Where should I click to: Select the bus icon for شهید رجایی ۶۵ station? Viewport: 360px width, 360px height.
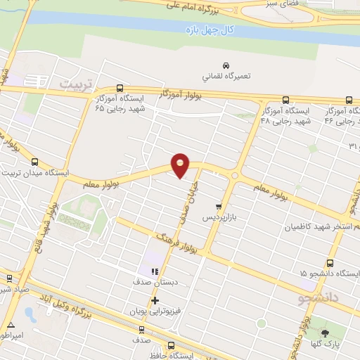pyautogui.click(x=119, y=89)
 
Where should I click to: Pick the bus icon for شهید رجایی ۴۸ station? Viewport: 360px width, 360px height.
pyautogui.click(x=285, y=100)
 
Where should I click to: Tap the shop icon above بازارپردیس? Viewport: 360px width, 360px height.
pyautogui.click(x=219, y=207)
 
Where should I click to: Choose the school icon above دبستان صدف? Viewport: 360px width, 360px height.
pyautogui.click(x=155, y=271)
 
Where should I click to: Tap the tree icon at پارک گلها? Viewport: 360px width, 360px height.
pyautogui.click(x=325, y=333)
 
